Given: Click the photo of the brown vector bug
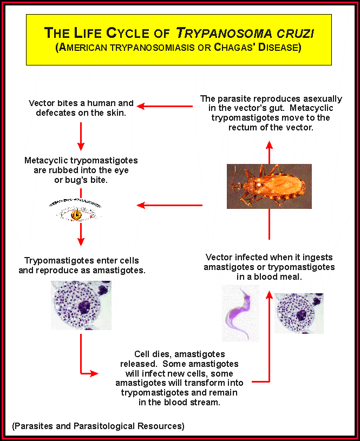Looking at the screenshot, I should click(x=269, y=186).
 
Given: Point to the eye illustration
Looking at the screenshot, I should click(x=76, y=212).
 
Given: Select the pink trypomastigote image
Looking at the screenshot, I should click(x=241, y=313).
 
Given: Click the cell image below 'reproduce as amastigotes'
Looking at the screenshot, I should click(x=81, y=305).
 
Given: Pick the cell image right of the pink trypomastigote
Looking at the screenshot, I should click(x=299, y=313).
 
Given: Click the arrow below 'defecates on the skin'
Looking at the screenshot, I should click(x=81, y=136).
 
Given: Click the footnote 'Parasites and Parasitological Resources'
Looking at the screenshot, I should click(x=98, y=426).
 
